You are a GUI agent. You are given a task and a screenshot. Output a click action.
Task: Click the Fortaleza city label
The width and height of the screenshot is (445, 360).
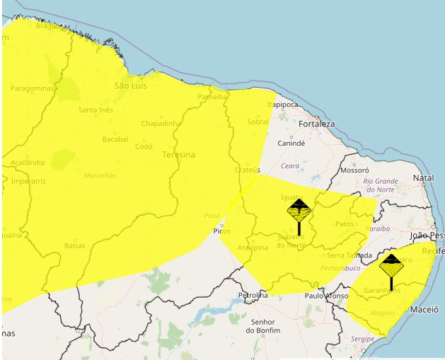click(316, 124)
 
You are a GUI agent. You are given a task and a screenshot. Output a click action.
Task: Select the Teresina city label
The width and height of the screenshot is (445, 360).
click(178, 153)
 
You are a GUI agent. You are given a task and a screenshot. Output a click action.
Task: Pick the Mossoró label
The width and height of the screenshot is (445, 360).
click(354, 170)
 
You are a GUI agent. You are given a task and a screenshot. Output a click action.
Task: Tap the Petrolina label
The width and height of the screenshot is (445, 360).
click(253, 295)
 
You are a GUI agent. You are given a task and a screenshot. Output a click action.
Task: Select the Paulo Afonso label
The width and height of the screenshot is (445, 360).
click(326, 296)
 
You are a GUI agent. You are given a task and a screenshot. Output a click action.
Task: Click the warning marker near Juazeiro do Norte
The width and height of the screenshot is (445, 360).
click(299, 216)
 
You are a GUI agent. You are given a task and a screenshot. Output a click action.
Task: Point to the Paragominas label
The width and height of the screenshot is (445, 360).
click(33, 88)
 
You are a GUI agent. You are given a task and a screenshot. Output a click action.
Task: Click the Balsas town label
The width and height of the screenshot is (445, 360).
click(74, 245)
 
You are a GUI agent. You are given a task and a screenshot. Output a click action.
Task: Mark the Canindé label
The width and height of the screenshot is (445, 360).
click(291, 143)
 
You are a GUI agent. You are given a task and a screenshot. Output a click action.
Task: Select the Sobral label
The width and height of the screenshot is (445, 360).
click(258, 122)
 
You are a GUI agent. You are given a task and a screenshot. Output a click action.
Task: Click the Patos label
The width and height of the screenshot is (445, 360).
click(345, 224)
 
